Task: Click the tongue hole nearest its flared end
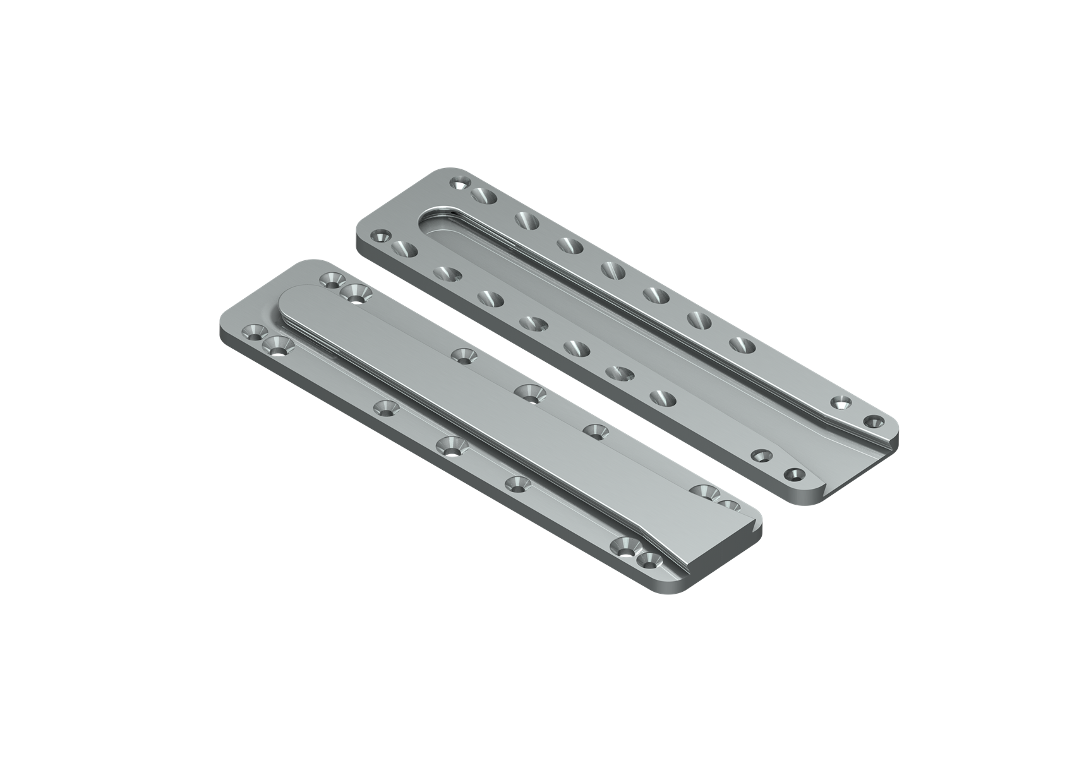click(x=595, y=431)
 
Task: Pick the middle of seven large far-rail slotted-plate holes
click(x=611, y=270)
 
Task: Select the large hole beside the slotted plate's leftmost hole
click(x=404, y=248)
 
